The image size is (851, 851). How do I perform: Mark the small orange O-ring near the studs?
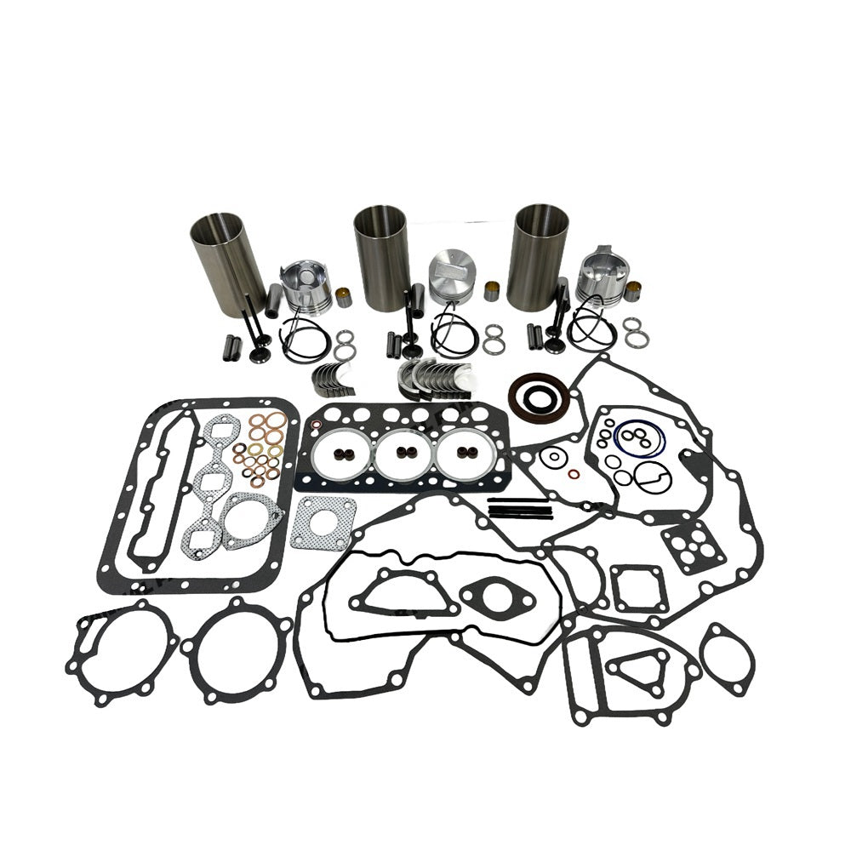(575, 473)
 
